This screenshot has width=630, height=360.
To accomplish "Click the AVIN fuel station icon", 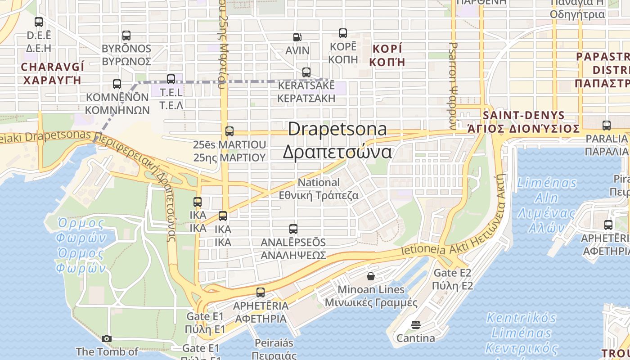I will click(x=297, y=37).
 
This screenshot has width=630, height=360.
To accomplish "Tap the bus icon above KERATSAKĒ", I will click(x=306, y=72).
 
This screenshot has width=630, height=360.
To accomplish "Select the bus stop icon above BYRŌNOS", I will click(x=126, y=36).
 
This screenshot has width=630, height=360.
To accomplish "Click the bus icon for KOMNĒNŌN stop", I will click(x=117, y=84).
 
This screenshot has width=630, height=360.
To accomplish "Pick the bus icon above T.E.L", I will click(x=171, y=79).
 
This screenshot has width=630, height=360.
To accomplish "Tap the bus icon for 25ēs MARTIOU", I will click(x=229, y=131).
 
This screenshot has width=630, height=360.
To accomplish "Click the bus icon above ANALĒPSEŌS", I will click(x=293, y=229).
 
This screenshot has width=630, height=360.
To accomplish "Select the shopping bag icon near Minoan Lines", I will click(x=371, y=276).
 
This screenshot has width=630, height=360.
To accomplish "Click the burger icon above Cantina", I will click(x=415, y=324).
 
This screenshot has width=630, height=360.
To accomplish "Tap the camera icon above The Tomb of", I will click(x=107, y=338).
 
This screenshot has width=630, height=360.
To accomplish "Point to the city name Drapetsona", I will click(x=337, y=129).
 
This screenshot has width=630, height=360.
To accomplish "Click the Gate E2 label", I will click(x=452, y=273).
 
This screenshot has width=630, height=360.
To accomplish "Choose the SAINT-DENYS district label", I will click(x=523, y=115).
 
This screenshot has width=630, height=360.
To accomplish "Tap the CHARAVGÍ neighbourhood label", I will click(x=52, y=67).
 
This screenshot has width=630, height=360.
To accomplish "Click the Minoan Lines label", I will click(x=371, y=289).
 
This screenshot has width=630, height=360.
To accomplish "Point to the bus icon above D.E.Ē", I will click(x=39, y=22).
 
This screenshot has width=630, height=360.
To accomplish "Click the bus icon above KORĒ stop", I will click(x=343, y=33).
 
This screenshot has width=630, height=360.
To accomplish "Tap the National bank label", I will click(x=319, y=183).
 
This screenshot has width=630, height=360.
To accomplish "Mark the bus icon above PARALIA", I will click(x=607, y=126).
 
